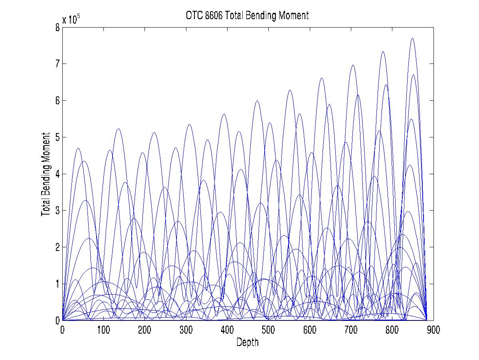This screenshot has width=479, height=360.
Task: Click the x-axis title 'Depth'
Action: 247,342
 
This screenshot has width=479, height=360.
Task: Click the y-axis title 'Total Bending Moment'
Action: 46,174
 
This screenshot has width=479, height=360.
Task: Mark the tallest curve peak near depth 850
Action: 412,38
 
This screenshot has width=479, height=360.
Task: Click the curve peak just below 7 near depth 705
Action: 353,65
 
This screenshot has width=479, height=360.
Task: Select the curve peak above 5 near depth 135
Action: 118,129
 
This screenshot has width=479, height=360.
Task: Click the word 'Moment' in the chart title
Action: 295,16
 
